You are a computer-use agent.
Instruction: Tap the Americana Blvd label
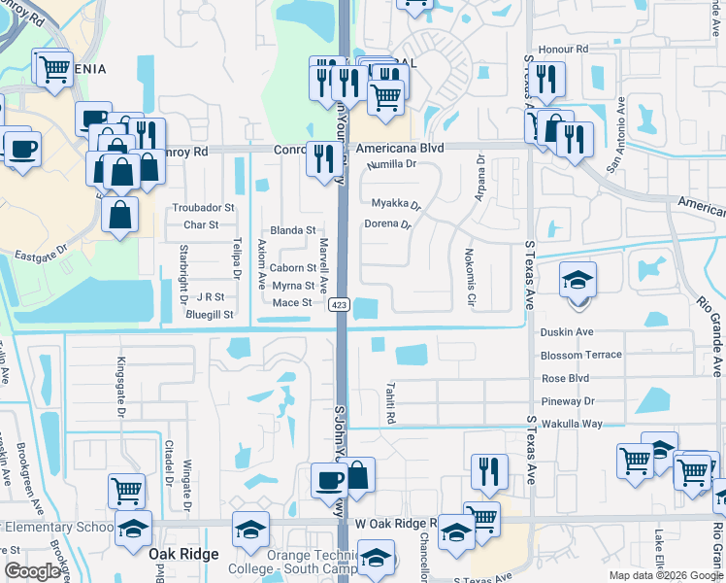(399, 149)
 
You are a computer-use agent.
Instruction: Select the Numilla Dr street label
(392, 164)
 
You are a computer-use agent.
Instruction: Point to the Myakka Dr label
(397, 204)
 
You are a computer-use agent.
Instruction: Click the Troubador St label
(204, 207)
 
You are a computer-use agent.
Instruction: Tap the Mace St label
(292, 302)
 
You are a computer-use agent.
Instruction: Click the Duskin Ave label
(566, 331)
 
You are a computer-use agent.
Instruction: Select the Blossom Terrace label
(580, 355)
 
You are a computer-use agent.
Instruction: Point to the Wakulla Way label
(572, 424)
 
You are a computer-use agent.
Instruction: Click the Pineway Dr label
(568, 400)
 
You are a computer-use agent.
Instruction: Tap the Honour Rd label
(569, 49)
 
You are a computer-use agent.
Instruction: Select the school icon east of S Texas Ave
(578, 282)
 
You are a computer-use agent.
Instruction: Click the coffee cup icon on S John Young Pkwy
(329, 479)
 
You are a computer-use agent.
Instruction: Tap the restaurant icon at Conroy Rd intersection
(321, 157)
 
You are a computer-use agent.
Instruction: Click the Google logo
(33, 571)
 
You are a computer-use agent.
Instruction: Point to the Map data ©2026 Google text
(665, 575)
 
